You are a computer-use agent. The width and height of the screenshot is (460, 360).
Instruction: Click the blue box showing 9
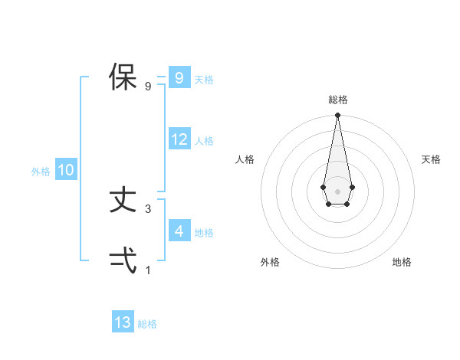coord(179,78)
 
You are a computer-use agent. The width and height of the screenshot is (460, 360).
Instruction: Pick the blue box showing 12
coord(179,139)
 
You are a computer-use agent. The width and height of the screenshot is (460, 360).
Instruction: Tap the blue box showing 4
coord(179,231)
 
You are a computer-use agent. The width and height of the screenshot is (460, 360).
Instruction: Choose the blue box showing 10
coord(65,170)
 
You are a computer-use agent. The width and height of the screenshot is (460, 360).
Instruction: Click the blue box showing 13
coord(123,322)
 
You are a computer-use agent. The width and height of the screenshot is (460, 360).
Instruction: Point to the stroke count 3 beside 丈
coord(148,208)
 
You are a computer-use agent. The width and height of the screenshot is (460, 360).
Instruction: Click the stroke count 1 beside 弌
coord(148,270)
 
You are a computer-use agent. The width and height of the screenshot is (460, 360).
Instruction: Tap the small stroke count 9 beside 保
coord(148,86)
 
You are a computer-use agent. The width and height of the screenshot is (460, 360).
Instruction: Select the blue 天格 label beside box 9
coord(204,79)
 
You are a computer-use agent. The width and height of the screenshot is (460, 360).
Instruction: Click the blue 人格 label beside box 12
coord(204,141)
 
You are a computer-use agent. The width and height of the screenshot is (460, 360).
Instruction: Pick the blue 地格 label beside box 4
coord(204,232)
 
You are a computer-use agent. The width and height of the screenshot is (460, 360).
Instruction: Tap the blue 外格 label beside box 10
coord(41,172)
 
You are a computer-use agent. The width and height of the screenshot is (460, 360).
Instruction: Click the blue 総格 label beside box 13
coord(147,324)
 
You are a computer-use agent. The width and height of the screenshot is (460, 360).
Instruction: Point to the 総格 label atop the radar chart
coord(337,100)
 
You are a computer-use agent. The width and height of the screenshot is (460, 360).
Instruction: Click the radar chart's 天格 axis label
coord(431,159)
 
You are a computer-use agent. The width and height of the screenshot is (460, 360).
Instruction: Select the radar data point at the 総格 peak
coord(337,116)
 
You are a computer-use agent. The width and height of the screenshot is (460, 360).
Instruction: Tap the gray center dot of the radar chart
coord(337,191)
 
